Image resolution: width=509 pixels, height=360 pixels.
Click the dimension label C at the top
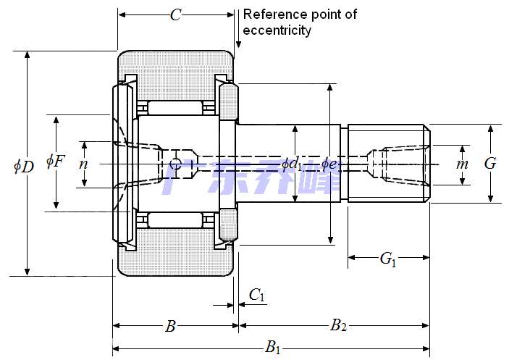[175, 15]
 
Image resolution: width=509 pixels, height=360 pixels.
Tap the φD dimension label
[24, 166]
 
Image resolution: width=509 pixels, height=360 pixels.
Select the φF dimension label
[55, 161]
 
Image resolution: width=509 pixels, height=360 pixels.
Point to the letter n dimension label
[83, 164]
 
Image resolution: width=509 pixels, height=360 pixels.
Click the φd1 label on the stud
[293, 164]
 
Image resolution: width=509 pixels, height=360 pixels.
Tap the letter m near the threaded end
[463, 164]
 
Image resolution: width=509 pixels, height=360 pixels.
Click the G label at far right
[490, 164]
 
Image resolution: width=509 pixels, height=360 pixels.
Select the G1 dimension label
[388, 259]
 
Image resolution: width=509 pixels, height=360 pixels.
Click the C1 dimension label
[257, 295]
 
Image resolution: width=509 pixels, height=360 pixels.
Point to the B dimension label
[170, 327]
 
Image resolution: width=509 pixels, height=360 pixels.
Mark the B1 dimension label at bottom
[273, 348]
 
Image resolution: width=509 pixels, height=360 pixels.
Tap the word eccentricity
[277, 30]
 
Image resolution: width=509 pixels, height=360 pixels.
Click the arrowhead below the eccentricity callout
[238, 46]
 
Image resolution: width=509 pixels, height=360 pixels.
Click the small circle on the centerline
[174, 164]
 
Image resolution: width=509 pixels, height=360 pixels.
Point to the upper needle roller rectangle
[174, 108]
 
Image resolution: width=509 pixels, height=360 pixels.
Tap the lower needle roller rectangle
[174, 219]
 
